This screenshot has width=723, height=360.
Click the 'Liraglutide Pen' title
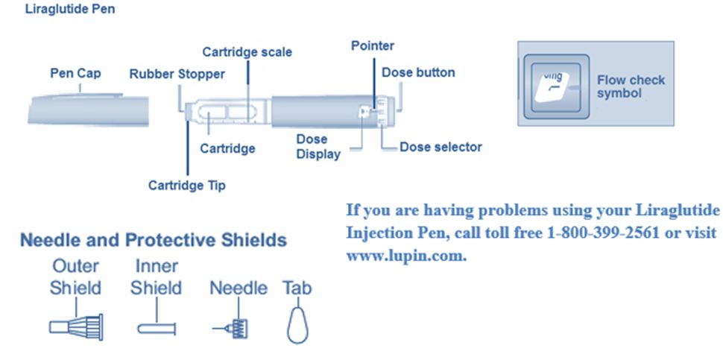click(x=71, y=11)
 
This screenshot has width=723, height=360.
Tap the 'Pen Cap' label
click(x=75, y=74)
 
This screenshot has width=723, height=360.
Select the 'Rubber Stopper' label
click(x=177, y=74)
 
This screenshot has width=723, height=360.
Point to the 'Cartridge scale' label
click(x=247, y=52)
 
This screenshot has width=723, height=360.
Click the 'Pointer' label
click(x=373, y=46)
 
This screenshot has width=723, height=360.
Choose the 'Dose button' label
click(x=418, y=72)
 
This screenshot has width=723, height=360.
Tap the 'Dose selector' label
click(x=441, y=147)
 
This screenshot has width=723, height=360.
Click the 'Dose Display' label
click(x=318, y=147)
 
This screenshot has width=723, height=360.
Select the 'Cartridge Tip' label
click(x=186, y=185)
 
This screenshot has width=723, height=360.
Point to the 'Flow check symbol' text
click(x=631, y=86)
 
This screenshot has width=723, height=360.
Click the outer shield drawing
click(x=75, y=326)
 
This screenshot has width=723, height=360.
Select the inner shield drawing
click(x=157, y=326)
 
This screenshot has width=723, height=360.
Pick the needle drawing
click(x=238, y=326)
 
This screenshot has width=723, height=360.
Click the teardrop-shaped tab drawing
click(x=297, y=323)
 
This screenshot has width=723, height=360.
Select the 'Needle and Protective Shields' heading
click(x=153, y=241)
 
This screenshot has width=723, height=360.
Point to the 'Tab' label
click(x=297, y=288)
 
